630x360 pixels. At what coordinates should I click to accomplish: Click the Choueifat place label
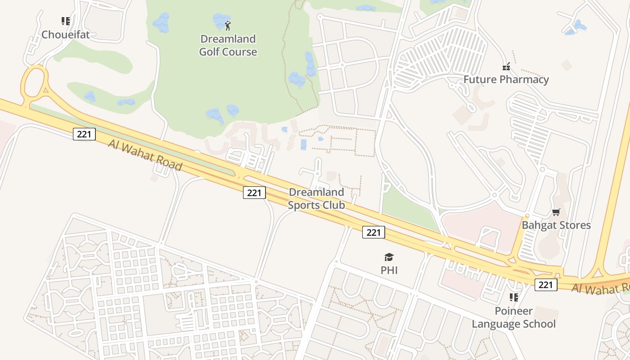(x=66, y=34)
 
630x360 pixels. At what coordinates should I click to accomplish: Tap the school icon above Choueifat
(x=66, y=21)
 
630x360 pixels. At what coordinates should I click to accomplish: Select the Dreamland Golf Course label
(x=228, y=45)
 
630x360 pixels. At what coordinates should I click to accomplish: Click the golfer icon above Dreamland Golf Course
(x=228, y=25)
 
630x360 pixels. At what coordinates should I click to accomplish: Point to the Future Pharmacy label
(x=506, y=80)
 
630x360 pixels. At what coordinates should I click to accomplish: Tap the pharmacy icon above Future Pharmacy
(x=506, y=67)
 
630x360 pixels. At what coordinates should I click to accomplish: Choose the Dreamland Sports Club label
(x=316, y=198)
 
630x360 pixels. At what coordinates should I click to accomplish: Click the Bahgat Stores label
(x=556, y=225)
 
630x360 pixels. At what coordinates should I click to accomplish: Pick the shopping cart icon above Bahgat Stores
(x=556, y=212)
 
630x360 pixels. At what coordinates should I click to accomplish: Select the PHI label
(x=389, y=270)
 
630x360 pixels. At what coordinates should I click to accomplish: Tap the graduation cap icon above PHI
(x=389, y=257)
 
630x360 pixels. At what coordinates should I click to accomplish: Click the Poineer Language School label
(x=513, y=317)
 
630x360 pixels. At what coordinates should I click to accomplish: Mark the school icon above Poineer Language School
(x=513, y=297)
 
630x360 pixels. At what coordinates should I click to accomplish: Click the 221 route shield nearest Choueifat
(x=84, y=134)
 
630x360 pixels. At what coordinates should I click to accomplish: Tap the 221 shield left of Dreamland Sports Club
(x=254, y=193)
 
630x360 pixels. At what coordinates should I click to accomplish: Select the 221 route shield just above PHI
(x=373, y=232)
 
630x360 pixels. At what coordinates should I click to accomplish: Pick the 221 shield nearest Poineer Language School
(x=545, y=284)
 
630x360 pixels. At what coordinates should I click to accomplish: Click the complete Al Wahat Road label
(x=145, y=155)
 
